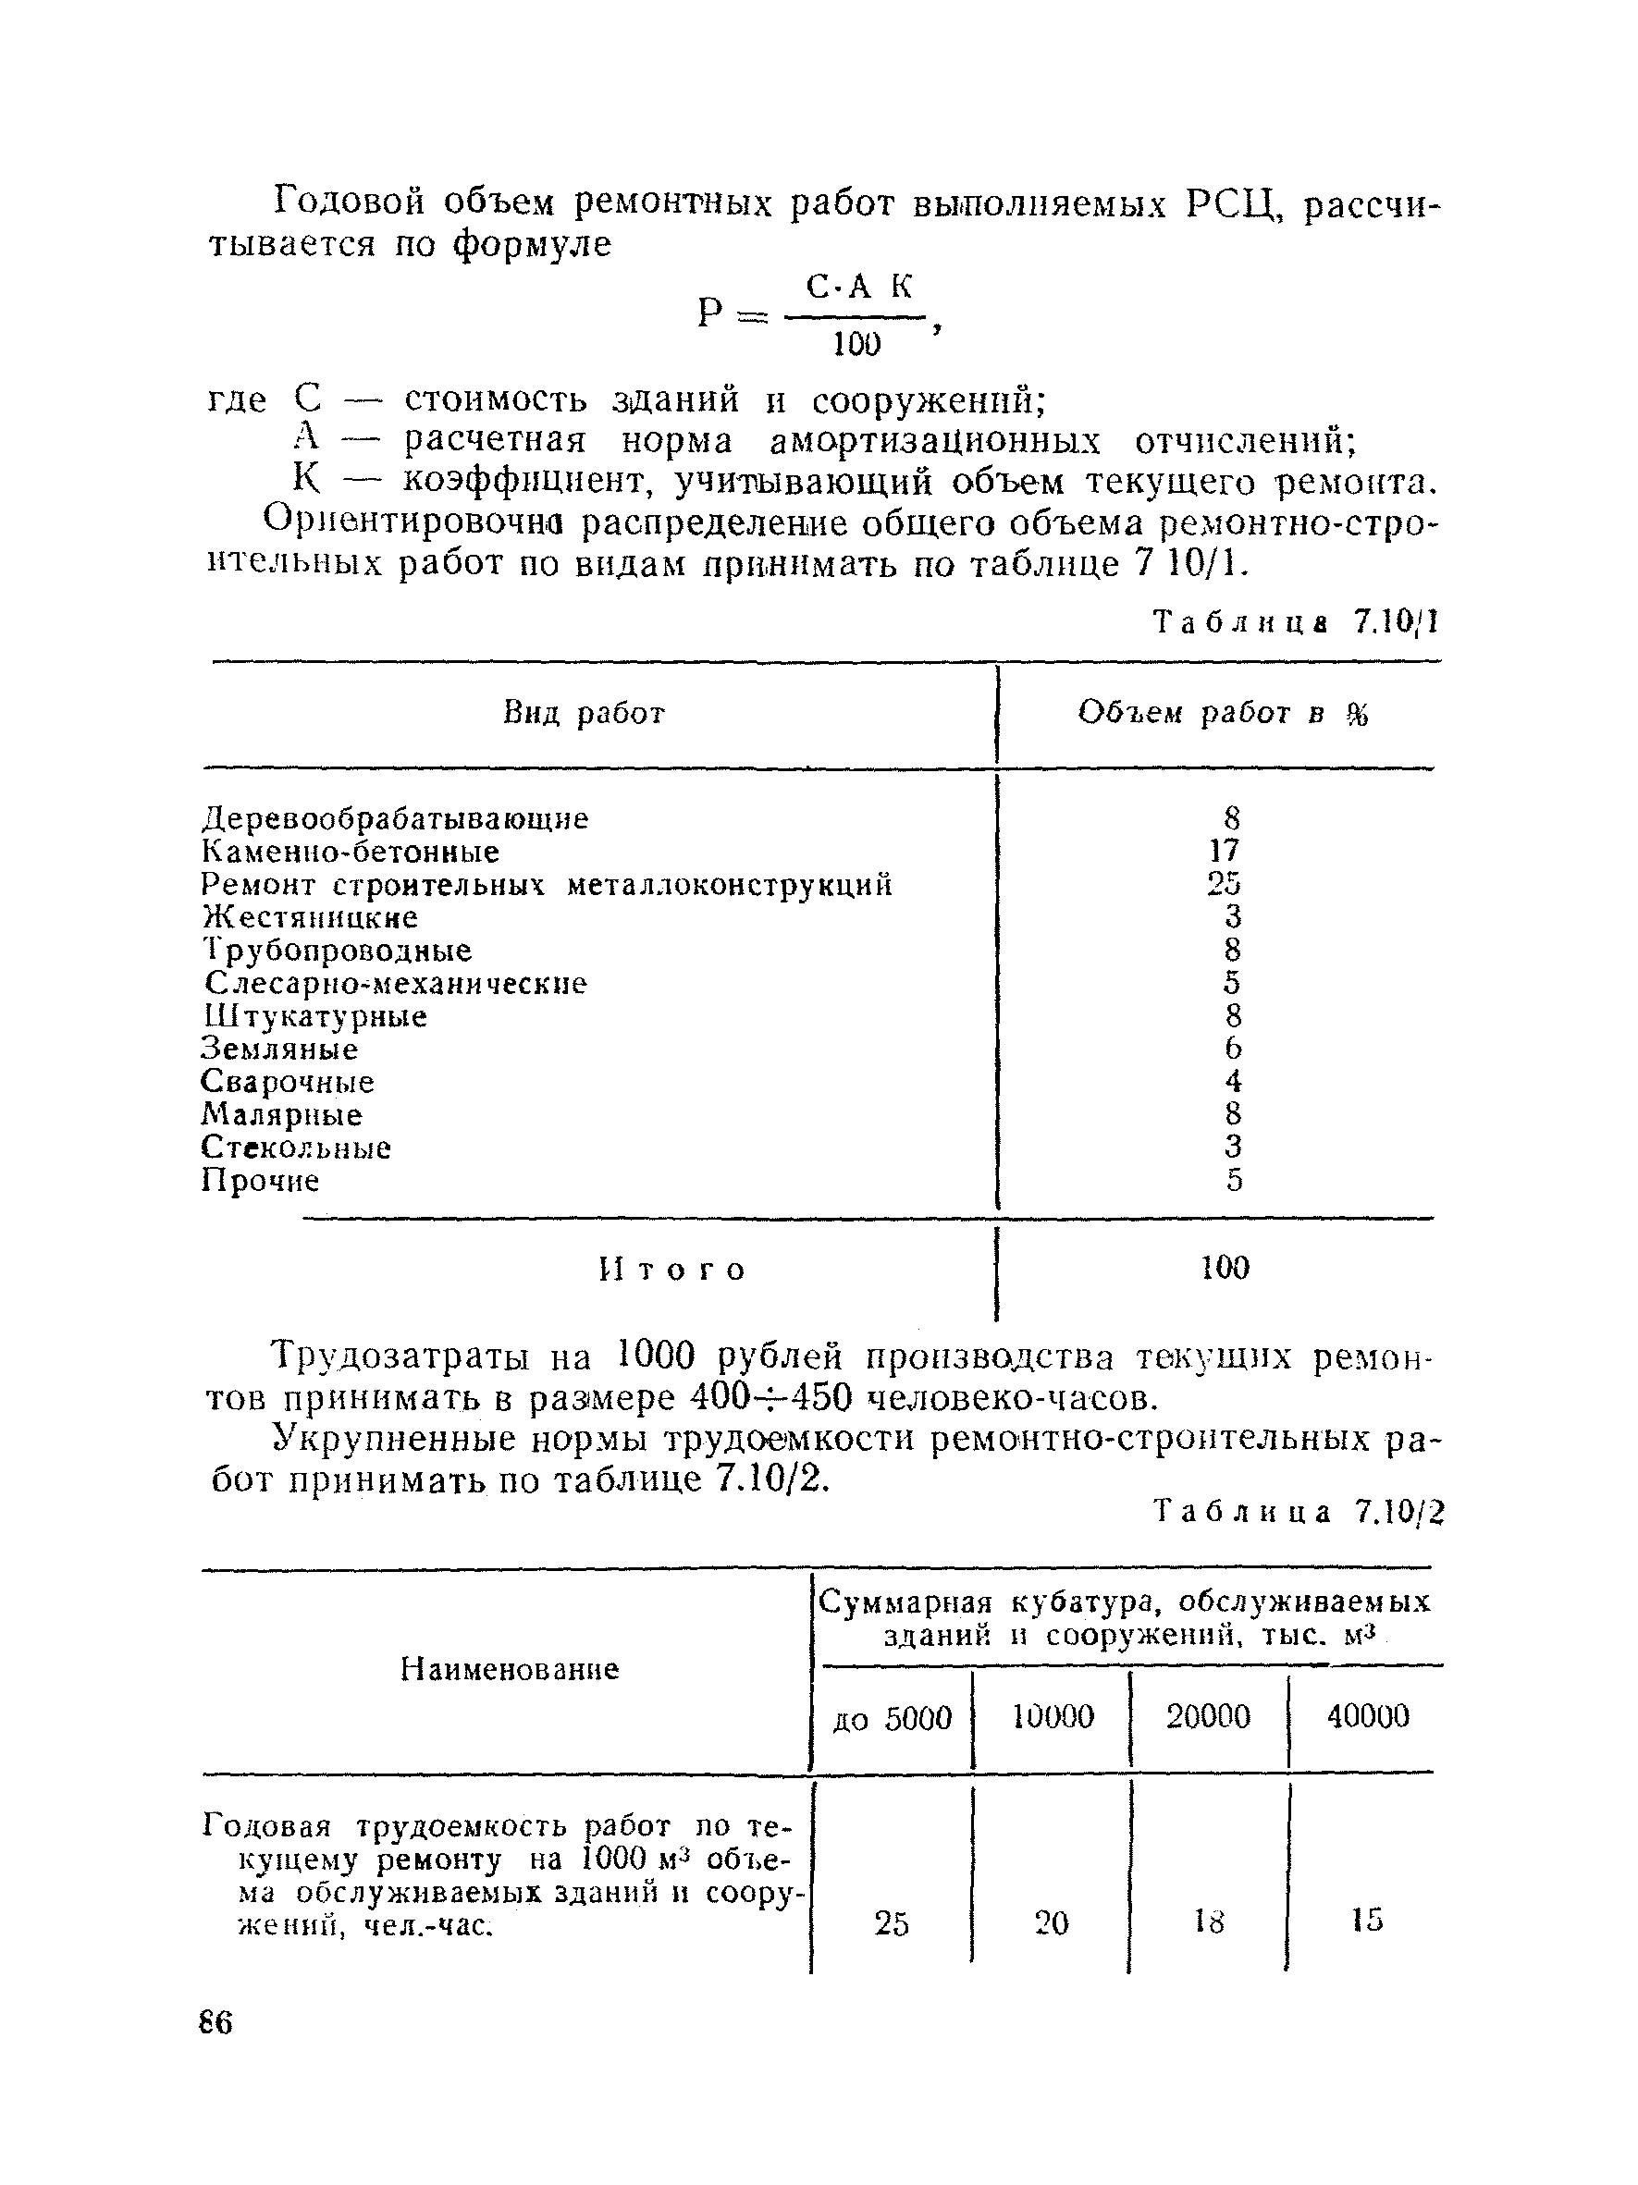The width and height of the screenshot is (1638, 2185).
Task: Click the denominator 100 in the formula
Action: point(856,343)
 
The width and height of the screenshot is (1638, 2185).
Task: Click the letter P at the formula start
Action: point(710,313)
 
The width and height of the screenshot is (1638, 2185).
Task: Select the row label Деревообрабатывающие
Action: point(395,819)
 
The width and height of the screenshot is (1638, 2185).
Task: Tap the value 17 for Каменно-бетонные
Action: point(1223,851)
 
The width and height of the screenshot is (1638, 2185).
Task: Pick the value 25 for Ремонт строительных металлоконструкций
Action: point(1223,883)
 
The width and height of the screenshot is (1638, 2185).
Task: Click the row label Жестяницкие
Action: point(310,917)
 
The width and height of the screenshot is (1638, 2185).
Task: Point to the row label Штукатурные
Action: point(315,1016)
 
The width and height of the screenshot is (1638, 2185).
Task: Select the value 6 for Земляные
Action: point(1232,1048)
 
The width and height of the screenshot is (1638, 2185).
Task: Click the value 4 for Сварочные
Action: point(1232,1082)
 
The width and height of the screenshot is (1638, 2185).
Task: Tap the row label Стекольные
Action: point(296,1148)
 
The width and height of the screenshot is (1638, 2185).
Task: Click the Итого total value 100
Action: point(1225,1268)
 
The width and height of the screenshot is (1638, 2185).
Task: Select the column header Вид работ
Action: point(584,713)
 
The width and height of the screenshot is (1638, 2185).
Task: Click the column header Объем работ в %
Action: point(1223,713)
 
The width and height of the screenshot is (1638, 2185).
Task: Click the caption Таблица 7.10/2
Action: point(1299,1513)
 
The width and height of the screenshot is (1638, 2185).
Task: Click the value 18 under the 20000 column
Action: point(1208,1921)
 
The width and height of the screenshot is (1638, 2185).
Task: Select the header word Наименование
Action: point(509,1669)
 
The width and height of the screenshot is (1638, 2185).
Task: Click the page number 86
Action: point(216,2023)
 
